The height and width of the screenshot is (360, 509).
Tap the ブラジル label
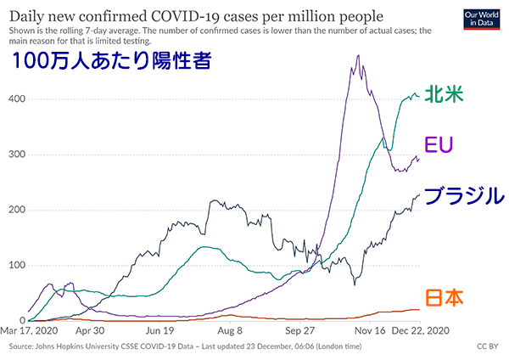(x=463, y=196)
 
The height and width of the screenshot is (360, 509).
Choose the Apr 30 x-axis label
(x=89, y=331)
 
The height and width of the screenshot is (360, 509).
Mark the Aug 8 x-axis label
(x=229, y=331)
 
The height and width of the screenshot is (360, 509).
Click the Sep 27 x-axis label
(x=300, y=331)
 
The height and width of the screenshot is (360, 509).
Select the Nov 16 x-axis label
(x=372, y=331)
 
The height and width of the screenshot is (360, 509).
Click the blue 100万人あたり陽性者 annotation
(x=110, y=62)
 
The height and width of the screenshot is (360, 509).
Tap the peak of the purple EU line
(x=358, y=56)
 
